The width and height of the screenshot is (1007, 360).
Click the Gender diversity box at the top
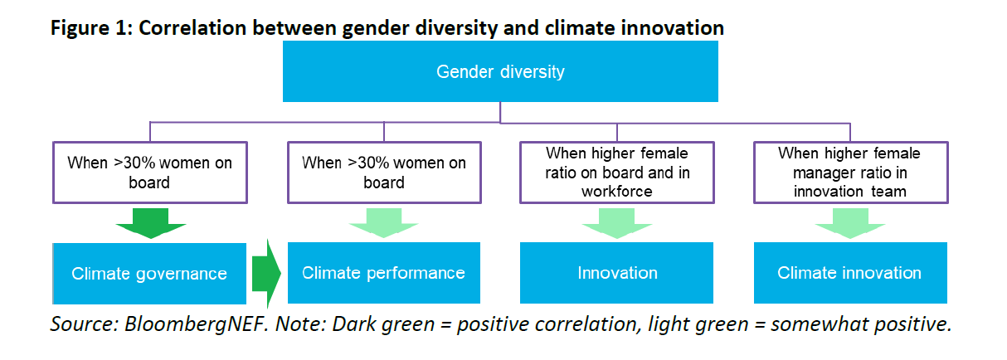500,71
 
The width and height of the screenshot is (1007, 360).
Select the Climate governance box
149,273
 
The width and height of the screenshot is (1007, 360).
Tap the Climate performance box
384,273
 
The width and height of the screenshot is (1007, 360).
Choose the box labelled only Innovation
617,273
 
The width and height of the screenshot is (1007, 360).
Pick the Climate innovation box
850,273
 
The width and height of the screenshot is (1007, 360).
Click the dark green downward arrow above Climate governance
151,223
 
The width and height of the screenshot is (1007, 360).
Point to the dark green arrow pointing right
266,273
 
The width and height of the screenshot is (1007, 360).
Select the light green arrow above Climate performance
384,223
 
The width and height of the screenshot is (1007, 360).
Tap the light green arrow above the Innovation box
617,223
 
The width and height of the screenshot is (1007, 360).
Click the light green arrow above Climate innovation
850,223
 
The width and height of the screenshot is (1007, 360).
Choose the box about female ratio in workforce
617,173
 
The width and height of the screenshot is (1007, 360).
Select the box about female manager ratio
850,173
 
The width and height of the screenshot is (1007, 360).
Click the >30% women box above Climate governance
150,173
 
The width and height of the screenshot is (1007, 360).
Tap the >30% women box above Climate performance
384,173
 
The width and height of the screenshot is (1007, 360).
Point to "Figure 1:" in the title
92,28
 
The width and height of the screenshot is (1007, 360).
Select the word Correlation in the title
192,28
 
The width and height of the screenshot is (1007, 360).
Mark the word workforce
617,192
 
